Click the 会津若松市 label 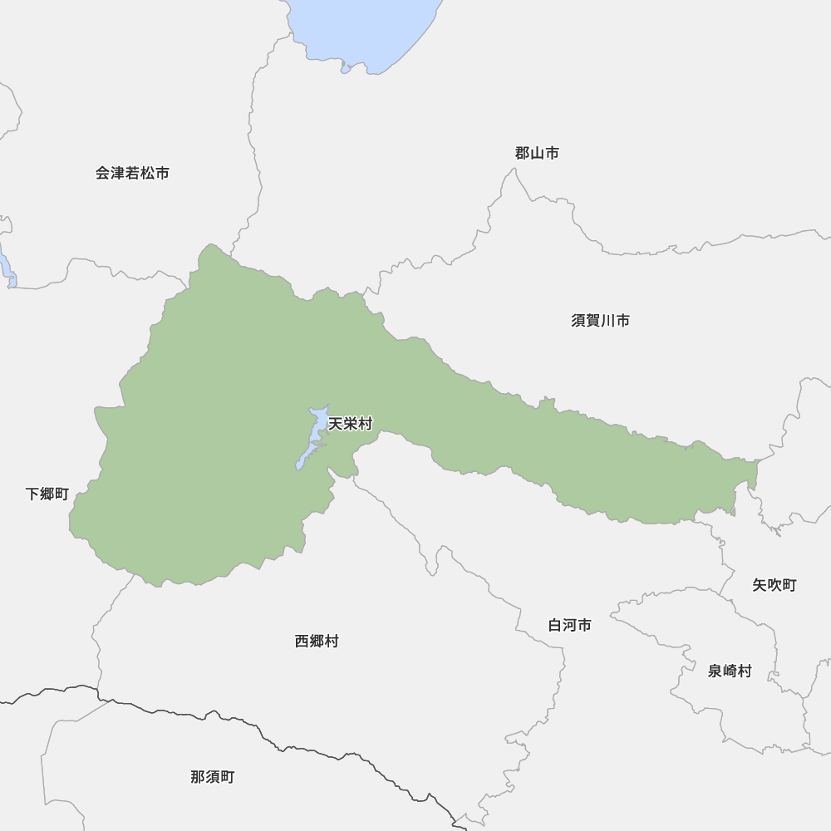point(132,174)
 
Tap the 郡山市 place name point(536,153)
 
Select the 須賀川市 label point(600,321)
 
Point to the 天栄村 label point(351,425)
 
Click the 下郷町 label point(47,494)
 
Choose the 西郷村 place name point(317,642)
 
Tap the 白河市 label point(569,625)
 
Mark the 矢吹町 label point(774,585)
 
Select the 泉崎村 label point(730,671)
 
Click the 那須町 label point(212,778)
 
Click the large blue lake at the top point(366,29)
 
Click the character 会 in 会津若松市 point(103,174)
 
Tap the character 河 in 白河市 point(569,625)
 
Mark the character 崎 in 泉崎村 point(730,671)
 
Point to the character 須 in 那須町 point(212,778)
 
